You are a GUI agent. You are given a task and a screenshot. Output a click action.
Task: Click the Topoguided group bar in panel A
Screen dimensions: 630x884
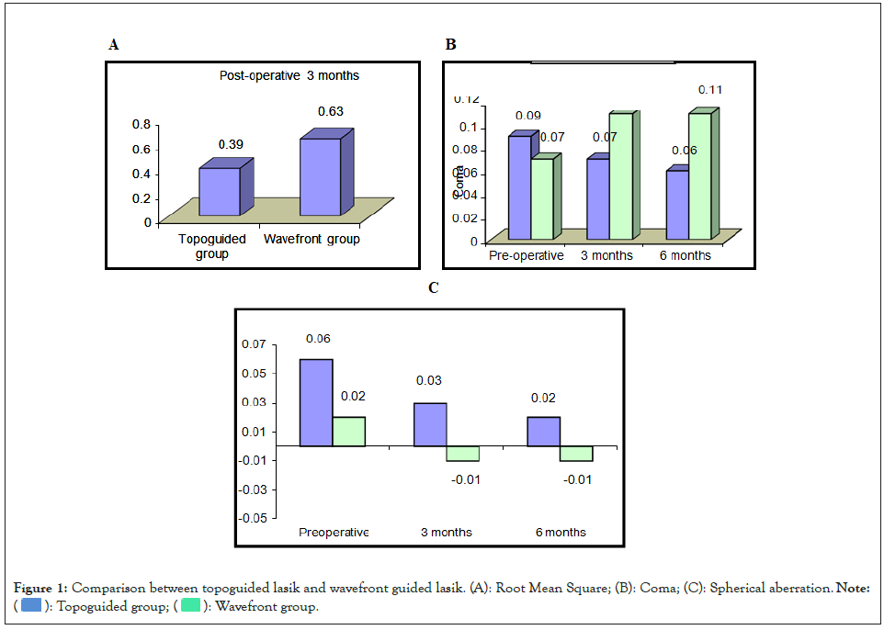pyautogui.click(x=219, y=191)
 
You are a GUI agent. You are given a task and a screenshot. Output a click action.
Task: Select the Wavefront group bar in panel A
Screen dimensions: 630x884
pyautogui.click(x=319, y=176)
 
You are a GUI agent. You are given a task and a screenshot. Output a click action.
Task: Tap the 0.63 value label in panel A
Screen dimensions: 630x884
pyautogui.click(x=330, y=112)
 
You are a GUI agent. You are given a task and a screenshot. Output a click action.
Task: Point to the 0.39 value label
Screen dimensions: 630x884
pyautogui.click(x=230, y=144)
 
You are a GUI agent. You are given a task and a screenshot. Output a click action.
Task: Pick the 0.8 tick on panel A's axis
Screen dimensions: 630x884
pyautogui.click(x=142, y=124)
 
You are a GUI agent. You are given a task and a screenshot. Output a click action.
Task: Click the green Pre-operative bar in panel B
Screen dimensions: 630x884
pyautogui.click(x=542, y=198)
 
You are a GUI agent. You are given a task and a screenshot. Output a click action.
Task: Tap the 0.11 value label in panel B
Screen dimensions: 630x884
pyautogui.click(x=709, y=90)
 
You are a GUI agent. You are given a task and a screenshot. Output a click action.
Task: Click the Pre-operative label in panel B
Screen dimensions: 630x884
pyautogui.click(x=526, y=255)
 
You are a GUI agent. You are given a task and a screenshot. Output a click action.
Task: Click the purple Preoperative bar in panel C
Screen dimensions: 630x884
pyautogui.click(x=316, y=402)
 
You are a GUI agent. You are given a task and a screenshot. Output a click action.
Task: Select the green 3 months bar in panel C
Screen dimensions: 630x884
pyautogui.click(x=462, y=454)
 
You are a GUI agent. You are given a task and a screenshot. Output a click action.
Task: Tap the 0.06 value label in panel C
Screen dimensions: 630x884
pyautogui.click(x=318, y=339)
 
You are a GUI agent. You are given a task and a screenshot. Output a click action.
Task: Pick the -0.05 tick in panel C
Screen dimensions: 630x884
pyautogui.click(x=253, y=518)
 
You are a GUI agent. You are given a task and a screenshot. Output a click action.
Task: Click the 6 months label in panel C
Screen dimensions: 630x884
pyautogui.click(x=561, y=533)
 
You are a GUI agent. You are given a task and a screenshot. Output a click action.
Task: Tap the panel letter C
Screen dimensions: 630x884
pyautogui.click(x=434, y=288)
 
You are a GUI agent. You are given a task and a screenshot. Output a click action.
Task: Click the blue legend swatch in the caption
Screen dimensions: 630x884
pyautogui.click(x=30, y=606)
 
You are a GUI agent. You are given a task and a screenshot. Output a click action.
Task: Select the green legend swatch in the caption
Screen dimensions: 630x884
pyautogui.click(x=191, y=606)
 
